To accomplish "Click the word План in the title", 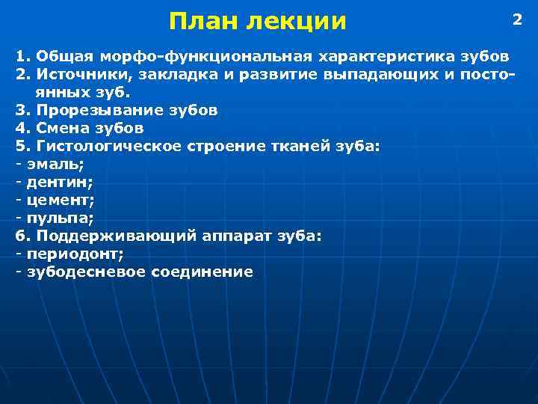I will pyautogui.click(x=200, y=21).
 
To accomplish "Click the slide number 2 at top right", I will pyautogui.click(x=516, y=19).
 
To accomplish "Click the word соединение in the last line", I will pyautogui.click(x=203, y=272).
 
